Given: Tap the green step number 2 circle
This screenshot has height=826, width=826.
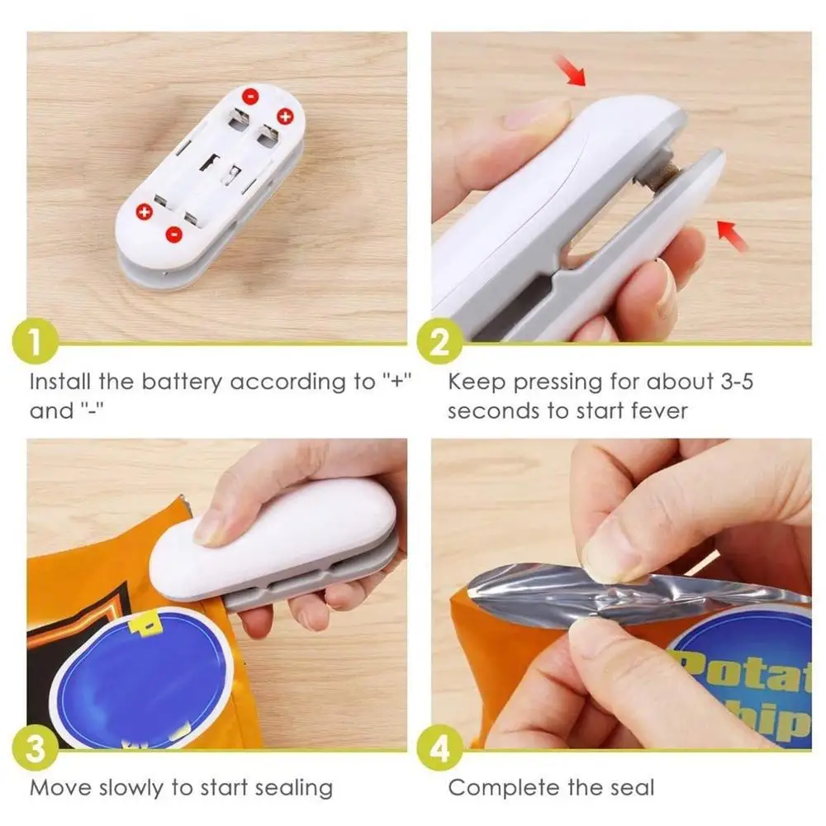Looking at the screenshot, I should pos(437,344).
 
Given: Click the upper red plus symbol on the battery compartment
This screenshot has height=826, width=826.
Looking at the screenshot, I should pos(285,116).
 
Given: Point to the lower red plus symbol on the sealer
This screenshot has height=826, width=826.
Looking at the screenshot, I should pos(144,213).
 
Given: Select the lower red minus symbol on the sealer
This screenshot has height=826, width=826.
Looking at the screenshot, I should pos(174,235).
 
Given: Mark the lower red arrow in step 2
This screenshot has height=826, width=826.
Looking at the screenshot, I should pos(732,234).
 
